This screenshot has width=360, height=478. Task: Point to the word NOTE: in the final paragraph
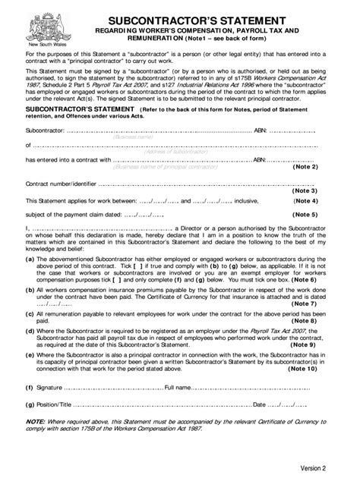(36, 423)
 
